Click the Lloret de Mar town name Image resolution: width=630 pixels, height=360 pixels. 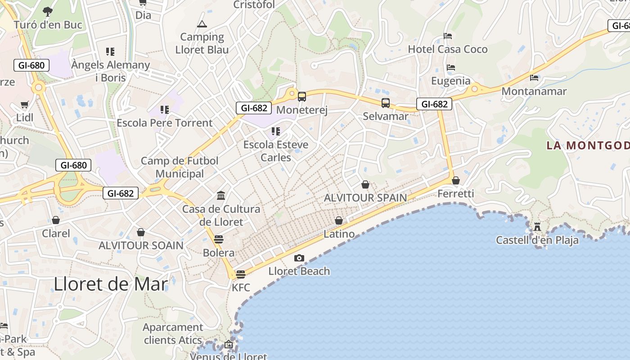(x=111, y=284)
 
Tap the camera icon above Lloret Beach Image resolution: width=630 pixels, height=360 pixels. (x=299, y=258)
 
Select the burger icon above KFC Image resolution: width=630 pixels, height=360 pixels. (x=241, y=274)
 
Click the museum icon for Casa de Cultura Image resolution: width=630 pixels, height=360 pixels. (x=221, y=196)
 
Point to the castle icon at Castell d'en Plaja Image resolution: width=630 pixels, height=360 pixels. (x=537, y=227)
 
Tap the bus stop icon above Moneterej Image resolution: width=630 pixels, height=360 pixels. (x=301, y=96)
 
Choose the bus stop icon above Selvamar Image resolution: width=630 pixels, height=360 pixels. (x=386, y=103)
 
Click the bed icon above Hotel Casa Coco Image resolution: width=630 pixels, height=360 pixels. (x=448, y=36)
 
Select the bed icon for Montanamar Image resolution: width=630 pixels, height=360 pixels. (x=534, y=78)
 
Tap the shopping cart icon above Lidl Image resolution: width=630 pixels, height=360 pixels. (x=25, y=105)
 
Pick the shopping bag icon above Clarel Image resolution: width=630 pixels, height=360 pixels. (x=56, y=220)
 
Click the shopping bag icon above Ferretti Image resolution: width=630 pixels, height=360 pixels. (x=456, y=180)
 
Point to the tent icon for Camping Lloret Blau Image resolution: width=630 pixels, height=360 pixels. (x=202, y=24)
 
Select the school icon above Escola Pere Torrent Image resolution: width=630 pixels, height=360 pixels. (x=165, y=109)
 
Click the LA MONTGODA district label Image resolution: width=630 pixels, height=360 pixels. (x=588, y=145)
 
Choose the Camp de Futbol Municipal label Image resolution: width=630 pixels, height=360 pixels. (x=180, y=167)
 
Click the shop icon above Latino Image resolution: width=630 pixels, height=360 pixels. (x=339, y=220)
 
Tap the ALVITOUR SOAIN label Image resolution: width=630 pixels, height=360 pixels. (x=141, y=245)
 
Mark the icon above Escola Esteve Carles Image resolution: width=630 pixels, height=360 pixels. (x=276, y=131)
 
